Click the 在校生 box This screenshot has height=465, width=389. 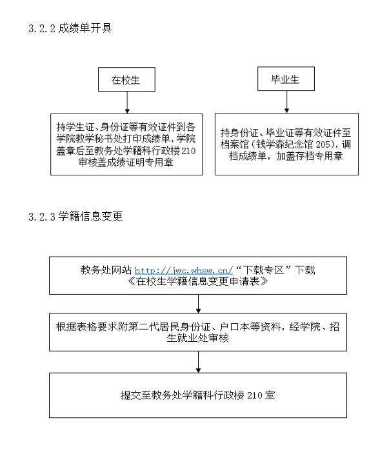(x=126, y=79)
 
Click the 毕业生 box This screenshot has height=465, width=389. (x=286, y=79)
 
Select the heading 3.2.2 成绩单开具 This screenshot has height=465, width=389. (x=70, y=28)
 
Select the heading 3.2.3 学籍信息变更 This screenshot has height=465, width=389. (x=75, y=217)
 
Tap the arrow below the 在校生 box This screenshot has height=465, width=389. (x=127, y=103)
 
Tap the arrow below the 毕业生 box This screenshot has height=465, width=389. (x=286, y=102)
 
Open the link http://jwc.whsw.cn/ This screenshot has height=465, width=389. (x=184, y=270)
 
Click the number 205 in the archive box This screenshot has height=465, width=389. (x=323, y=144)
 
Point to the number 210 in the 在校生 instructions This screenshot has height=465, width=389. (x=188, y=151)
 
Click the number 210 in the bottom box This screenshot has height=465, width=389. (x=255, y=395)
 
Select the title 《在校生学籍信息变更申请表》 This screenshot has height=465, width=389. (x=198, y=281)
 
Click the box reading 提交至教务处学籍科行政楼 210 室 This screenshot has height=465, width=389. (x=198, y=395)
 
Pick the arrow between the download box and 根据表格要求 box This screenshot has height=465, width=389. (x=198, y=304)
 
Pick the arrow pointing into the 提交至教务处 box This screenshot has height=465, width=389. (x=198, y=362)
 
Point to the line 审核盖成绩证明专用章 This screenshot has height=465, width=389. (x=126, y=163)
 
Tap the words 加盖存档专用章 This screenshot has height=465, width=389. (x=310, y=155)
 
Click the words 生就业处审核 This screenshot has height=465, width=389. (x=198, y=338)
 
